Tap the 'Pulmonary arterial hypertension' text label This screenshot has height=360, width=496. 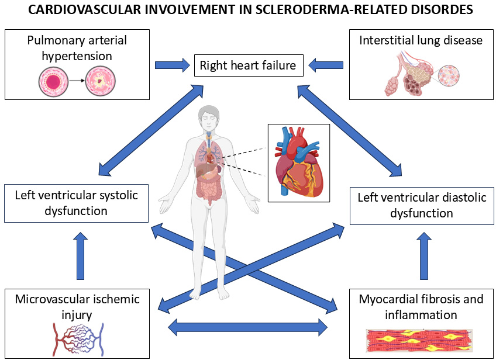click(x=77, y=49)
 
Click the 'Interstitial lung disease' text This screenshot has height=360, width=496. click(x=421, y=40)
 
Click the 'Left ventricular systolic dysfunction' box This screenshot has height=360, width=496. click(x=76, y=203)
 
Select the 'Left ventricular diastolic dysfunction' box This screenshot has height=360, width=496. click(x=422, y=205)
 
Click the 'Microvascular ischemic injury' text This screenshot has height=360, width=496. click(x=78, y=307)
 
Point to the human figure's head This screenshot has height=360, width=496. click(x=208, y=117)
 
